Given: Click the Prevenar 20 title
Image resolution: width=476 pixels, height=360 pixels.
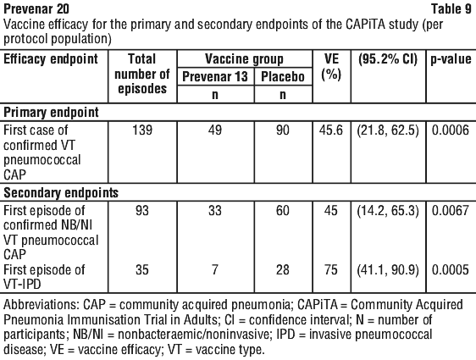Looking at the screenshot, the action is tap(36, 8).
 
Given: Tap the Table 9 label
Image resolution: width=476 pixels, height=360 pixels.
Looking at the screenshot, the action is tap(451, 8).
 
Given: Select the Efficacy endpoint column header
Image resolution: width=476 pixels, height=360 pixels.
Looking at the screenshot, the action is tap(51, 59).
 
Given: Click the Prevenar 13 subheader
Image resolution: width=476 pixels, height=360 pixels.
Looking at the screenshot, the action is tap(215, 76).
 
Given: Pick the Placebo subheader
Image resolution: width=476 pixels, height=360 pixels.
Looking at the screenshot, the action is tap(283, 76).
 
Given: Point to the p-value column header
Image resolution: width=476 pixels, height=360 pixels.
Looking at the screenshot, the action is tap(451, 59).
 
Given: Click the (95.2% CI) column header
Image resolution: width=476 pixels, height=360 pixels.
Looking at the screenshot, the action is tap(388, 59).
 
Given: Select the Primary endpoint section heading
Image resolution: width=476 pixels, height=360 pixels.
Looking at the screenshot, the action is tap(51, 113).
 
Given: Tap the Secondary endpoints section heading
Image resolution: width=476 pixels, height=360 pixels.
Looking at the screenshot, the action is tap(61, 192).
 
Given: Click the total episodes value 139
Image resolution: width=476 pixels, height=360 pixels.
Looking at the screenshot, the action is tap(142, 130).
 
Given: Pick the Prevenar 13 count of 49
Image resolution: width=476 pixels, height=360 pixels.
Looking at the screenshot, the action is tap(215, 130).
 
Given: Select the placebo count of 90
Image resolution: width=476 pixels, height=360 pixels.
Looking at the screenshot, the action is tap(283, 130).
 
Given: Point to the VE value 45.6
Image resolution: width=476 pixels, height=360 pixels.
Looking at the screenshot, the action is tap(331, 130).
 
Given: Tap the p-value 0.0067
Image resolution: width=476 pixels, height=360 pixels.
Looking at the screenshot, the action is tap(451, 210).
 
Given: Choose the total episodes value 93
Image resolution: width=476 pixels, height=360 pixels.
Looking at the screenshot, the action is tap(142, 210).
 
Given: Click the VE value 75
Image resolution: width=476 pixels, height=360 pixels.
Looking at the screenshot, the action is tap(331, 269).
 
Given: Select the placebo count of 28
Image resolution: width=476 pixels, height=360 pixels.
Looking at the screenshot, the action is tap(283, 269).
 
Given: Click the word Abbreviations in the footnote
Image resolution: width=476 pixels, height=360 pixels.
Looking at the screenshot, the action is tap(42, 304).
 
